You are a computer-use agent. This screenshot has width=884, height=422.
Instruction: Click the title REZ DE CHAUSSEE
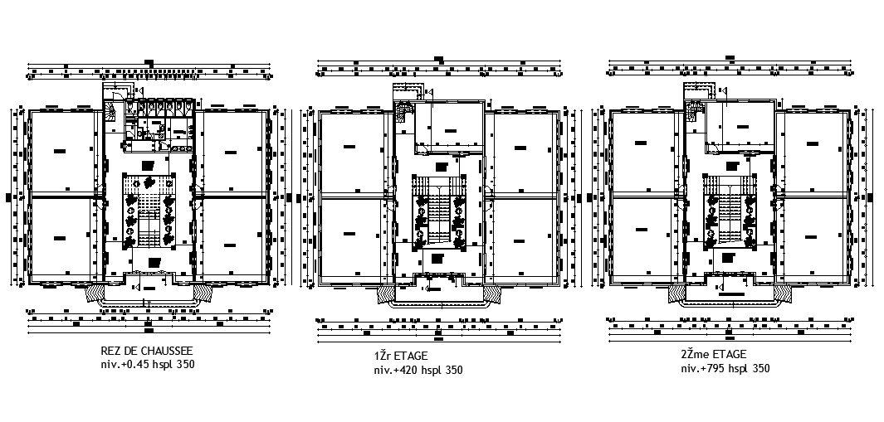coord(146,352)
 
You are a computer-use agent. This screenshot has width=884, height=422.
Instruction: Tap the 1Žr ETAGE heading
coord(401,357)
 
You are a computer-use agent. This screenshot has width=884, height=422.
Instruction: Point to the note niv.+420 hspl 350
coord(418,370)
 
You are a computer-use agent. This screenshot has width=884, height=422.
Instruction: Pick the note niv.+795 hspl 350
coord(725,368)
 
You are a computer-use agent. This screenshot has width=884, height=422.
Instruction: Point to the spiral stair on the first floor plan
coord(404,111)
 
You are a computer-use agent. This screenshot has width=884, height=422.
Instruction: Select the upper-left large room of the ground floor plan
coord(61,151)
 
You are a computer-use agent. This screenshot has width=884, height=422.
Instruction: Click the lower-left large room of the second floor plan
coord(642,237)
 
